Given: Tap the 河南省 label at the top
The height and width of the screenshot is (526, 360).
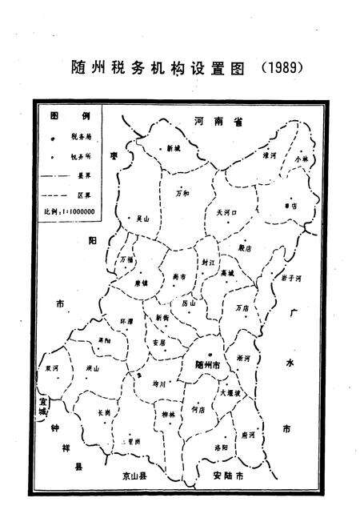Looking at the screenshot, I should (x=218, y=120).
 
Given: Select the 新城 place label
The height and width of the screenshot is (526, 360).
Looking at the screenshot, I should (x=174, y=148).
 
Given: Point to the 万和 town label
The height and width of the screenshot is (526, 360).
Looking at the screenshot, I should (x=182, y=193).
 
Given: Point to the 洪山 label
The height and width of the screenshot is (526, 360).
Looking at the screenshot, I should (x=91, y=368).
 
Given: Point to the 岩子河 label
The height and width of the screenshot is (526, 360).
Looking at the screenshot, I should (x=290, y=278).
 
